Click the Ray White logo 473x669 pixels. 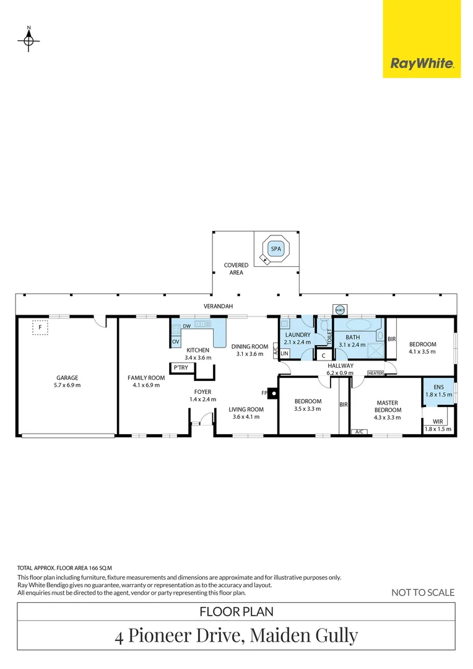click(x=422, y=63)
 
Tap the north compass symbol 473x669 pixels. click(x=28, y=40)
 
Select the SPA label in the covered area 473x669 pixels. click(x=275, y=250)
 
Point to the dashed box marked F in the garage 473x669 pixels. click(x=40, y=327)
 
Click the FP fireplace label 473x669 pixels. click(x=264, y=393)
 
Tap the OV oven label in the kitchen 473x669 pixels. click(x=176, y=341)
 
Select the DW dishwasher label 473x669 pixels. click(x=186, y=325)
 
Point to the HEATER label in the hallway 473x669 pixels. click(x=375, y=373)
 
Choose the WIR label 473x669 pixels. click(x=438, y=422)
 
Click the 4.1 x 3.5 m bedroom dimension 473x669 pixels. click(x=422, y=352)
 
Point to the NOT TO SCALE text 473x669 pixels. click(x=423, y=593)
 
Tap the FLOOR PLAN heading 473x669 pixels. click(x=236, y=611)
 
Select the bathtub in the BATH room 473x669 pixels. click(x=358, y=325)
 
